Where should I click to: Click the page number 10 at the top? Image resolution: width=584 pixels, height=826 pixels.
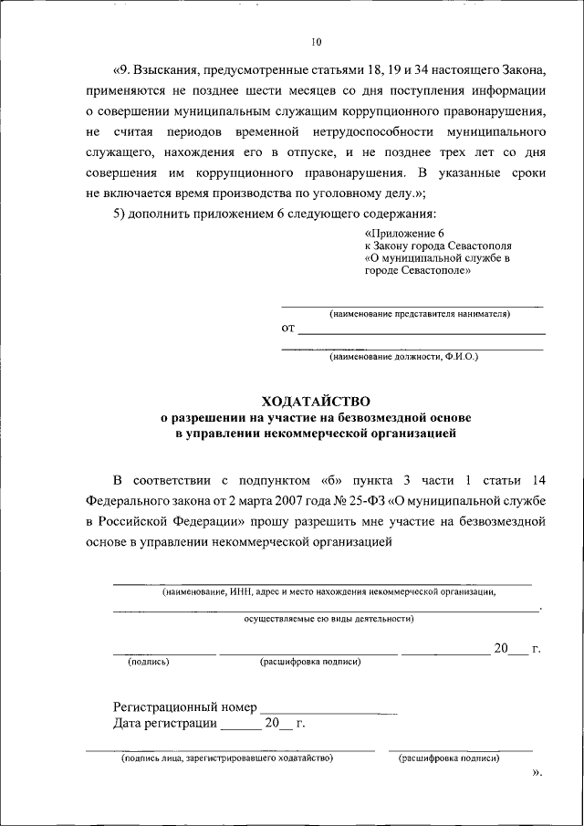[316, 42]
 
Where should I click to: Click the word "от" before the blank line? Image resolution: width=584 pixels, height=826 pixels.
[288, 328]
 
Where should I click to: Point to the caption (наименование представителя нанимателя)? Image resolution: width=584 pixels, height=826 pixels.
[419, 313]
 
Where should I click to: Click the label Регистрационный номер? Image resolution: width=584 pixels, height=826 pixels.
[185, 706]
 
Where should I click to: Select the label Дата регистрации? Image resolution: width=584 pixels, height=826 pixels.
[164, 724]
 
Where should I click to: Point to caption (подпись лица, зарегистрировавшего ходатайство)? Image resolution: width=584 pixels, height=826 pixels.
[227, 758]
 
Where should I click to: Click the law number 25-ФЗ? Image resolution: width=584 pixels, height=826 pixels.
[365, 500]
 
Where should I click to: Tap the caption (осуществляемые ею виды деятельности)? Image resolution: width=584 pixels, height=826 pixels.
[328, 618]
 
